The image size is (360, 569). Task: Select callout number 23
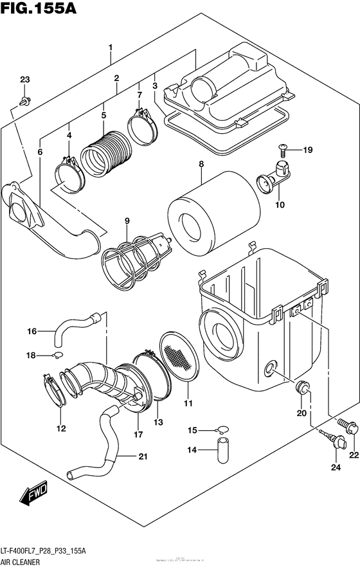pyautogui.click(x=24, y=80)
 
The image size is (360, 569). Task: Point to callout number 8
pyautogui.click(x=201, y=165)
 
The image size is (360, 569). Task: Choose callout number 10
pyautogui.click(x=279, y=205)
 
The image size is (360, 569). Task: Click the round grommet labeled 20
pyautogui.click(x=303, y=390)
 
